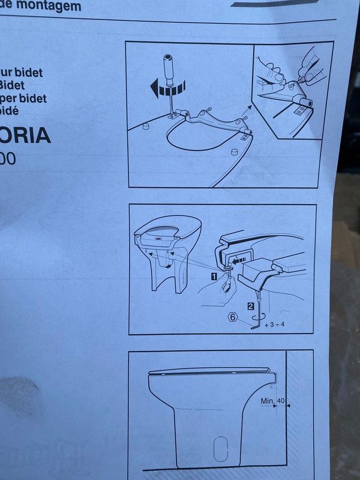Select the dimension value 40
click(x=281, y=400)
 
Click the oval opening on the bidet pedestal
click(x=220, y=446)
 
